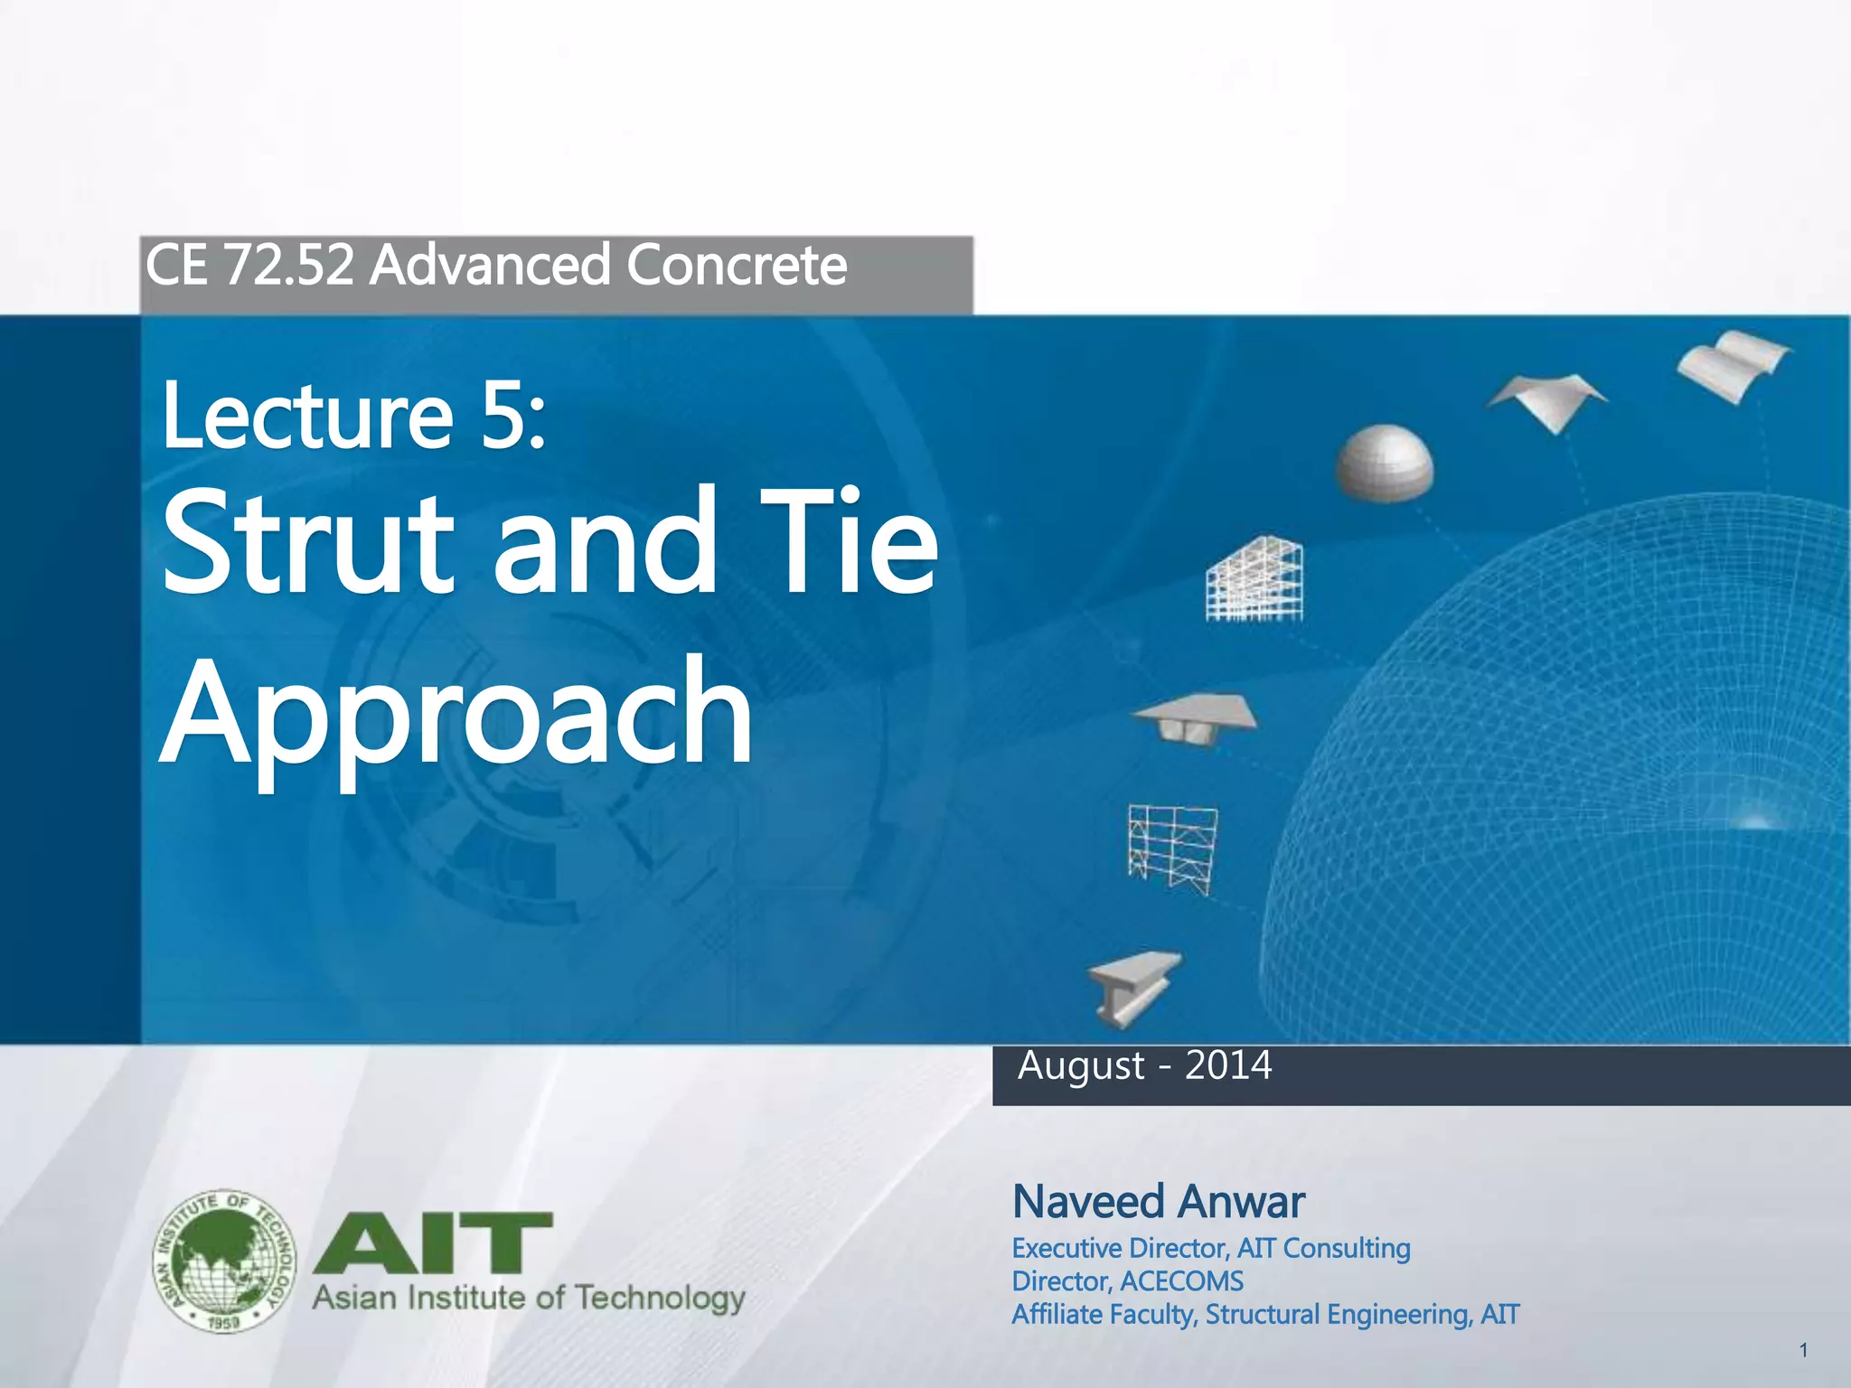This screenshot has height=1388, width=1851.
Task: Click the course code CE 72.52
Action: (249, 266)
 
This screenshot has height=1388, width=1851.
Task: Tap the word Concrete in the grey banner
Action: (736, 266)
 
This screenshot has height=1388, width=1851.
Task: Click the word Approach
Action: (456, 714)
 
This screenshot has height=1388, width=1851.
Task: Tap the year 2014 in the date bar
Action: (1227, 1065)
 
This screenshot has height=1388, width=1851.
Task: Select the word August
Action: (1081, 1067)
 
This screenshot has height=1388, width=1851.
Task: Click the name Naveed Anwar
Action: (1158, 1202)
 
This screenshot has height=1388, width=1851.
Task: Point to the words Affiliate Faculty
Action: (1104, 1315)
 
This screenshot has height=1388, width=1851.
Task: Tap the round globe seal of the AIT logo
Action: (224, 1261)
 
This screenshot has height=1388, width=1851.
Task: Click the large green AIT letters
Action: (432, 1243)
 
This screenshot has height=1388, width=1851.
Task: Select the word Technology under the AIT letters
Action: (659, 1299)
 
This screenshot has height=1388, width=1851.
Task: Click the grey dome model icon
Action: (1384, 463)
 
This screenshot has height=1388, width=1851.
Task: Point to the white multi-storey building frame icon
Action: (1254, 580)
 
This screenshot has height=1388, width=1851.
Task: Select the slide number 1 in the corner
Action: (1803, 1350)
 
